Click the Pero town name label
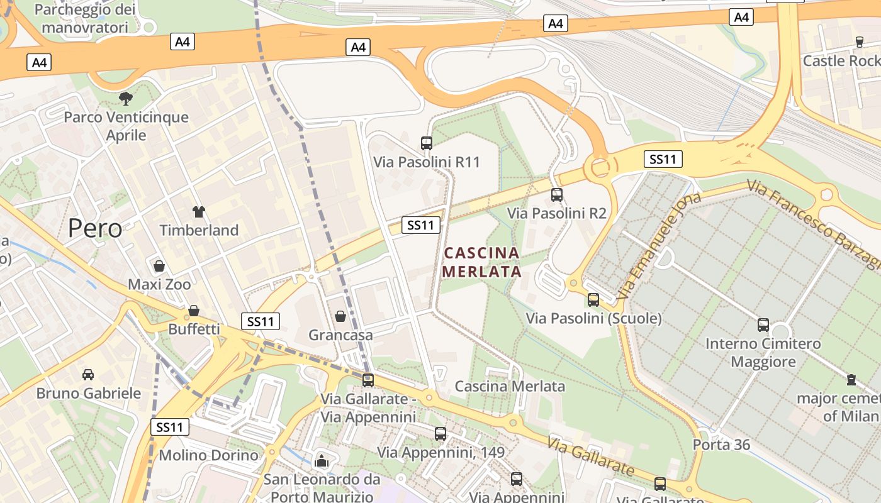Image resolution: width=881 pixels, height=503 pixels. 95,228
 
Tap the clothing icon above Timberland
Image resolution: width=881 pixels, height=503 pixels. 199,212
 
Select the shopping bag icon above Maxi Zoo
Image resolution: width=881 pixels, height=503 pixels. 159,266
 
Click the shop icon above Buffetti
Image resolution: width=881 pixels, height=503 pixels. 194,311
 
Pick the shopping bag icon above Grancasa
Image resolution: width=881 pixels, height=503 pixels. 340,316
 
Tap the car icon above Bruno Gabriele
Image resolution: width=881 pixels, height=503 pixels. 88,375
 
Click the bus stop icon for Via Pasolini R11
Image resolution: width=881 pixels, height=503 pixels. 427,143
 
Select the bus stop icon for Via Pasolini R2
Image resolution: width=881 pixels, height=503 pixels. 557,195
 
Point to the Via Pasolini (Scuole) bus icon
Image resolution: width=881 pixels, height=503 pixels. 593,300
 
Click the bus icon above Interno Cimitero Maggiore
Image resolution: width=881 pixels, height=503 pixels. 763,325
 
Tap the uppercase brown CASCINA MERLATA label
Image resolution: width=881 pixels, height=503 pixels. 483,262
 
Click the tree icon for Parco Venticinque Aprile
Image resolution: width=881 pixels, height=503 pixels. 126,98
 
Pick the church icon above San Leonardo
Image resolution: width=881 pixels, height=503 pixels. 322,461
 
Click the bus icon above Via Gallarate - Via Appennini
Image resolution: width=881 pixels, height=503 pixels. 368,380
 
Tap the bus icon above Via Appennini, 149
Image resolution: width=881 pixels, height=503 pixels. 441,434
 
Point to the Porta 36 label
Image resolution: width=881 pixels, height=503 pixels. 721,445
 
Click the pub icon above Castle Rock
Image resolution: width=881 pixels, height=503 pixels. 860,42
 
